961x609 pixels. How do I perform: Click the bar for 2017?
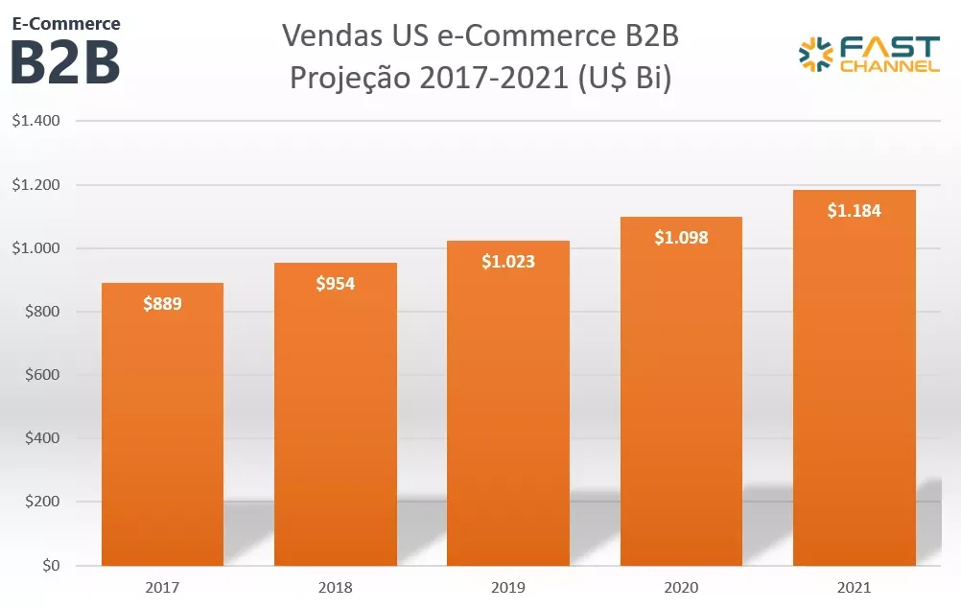click(x=162, y=432)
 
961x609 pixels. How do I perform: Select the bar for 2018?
click(x=335, y=422)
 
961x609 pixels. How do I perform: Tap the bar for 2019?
click(x=507, y=412)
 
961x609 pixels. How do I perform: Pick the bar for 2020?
click(x=681, y=403)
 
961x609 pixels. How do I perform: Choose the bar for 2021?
click(x=854, y=384)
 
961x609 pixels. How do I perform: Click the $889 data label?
click(x=162, y=304)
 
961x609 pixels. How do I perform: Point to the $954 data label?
click(x=335, y=284)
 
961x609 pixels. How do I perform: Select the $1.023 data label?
click(x=507, y=261)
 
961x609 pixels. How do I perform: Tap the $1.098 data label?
click(x=681, y=238)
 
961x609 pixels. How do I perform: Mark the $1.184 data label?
click(x=854, y=211)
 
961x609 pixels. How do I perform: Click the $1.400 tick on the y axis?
click(x=36, y=122)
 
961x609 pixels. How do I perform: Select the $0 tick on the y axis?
click(x=50, y=566)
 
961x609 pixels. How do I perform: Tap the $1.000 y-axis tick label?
click(x=36, y=248)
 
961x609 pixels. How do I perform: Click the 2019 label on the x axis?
click(x=507, y=587)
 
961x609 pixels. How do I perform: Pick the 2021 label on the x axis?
click(x=854, y=587)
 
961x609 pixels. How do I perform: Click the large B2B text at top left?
click(x=65, y=61)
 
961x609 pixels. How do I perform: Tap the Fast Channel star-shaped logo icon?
click(x=816, y=55)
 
